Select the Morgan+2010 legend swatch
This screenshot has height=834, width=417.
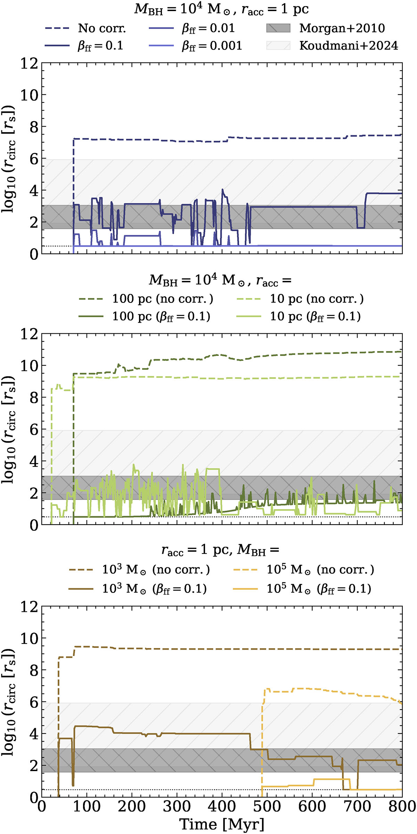(278, 28)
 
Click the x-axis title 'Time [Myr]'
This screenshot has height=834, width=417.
(222, 824)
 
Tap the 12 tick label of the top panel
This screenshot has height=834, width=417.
(29, 63)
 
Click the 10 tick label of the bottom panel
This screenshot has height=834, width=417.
(29, 638)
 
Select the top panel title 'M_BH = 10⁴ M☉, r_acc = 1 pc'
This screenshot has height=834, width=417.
(222, 9)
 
